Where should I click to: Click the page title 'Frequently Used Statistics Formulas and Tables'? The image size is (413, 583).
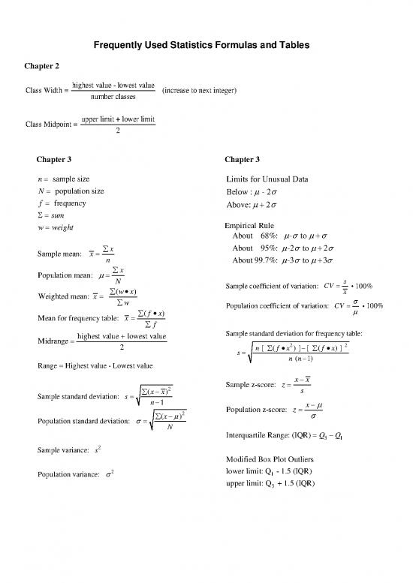[x=206, y=47]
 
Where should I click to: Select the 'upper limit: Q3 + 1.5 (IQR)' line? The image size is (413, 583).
[x=273, y=482]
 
